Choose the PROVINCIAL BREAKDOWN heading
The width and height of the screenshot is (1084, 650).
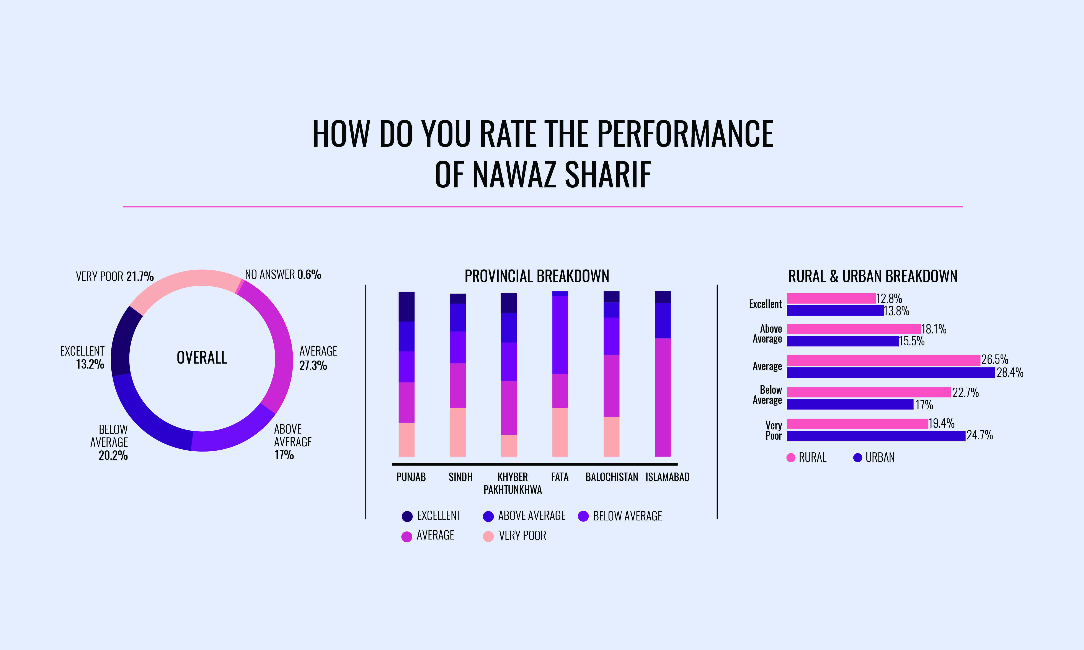pos(537,276)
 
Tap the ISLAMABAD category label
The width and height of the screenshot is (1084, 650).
pos(667,477)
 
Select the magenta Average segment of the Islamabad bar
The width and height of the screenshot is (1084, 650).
pos(663,397)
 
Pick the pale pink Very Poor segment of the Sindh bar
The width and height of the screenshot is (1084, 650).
pos(457,432)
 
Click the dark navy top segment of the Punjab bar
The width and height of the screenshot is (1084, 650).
pos(406,307)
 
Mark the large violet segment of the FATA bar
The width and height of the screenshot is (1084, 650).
pos(560,335)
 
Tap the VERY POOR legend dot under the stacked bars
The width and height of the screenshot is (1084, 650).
pos(488,536)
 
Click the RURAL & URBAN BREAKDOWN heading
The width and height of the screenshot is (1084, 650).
pos(873,276)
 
